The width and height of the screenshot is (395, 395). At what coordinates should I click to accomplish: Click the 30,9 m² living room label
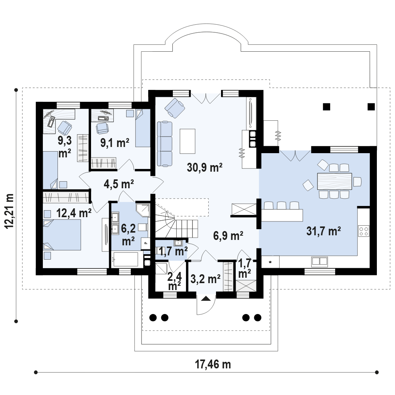(x=204, y=167)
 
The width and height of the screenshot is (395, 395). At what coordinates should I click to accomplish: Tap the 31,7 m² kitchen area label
(x=324, y=231)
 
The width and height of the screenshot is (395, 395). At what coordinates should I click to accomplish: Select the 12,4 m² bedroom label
(x=74, y=213)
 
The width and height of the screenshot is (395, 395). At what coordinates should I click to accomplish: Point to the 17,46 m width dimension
(x=213, y=364)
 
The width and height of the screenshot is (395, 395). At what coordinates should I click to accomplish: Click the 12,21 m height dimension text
(x=10, y=211)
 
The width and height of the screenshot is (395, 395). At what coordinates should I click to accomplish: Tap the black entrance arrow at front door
(x=206, y=299)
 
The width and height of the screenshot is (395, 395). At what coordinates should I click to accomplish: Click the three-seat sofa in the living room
(x=165, y=144)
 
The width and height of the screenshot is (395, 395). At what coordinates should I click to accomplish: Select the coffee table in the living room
(x=187, y=141)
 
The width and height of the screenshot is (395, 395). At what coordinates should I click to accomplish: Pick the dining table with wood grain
(x=334, y=181)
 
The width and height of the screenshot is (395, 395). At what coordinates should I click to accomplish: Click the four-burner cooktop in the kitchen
(x=364, y=231)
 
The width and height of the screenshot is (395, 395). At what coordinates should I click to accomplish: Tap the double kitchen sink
(x=319, y=262)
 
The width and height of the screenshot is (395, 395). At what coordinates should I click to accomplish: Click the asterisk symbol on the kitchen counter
(x=270, y=262)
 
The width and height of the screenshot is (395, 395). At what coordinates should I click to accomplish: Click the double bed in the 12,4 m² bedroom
(x=62, y=235)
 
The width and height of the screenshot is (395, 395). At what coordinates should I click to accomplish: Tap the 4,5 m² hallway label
(x=119, y=184)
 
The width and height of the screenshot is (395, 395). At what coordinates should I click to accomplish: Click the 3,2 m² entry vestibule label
(x=206, y=279)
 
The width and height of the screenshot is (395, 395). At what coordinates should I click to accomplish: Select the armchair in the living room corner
(x=175, y=108)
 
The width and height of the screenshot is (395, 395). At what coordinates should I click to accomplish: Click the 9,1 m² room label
(x=115, y=143)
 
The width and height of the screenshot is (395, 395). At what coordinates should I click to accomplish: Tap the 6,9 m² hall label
(x=228, y=236)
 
